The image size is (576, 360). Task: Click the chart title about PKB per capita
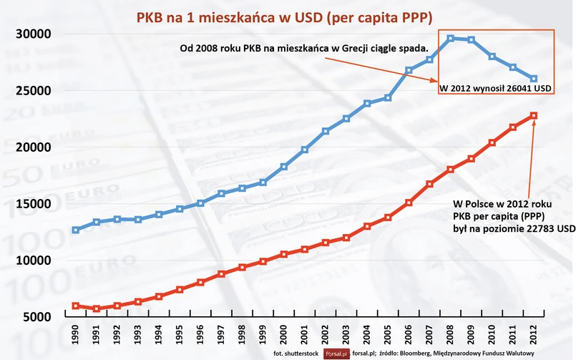(287, 15)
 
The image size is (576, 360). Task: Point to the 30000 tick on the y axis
(31, 34)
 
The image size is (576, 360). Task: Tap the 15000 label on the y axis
(31, 204)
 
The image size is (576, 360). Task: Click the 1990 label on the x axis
(76, 335)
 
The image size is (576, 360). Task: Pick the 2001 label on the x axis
(305, 335)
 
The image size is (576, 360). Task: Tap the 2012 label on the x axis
(534, 335)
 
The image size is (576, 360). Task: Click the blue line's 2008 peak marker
(451, 39)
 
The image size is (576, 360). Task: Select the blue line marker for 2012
(534, 79)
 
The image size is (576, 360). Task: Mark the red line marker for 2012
(534, 116)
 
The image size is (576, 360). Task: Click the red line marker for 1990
(76, 306)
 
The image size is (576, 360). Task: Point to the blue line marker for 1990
(76, 230)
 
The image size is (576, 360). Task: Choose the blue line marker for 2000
(284, 167)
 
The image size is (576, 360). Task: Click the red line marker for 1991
(97, 308)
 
